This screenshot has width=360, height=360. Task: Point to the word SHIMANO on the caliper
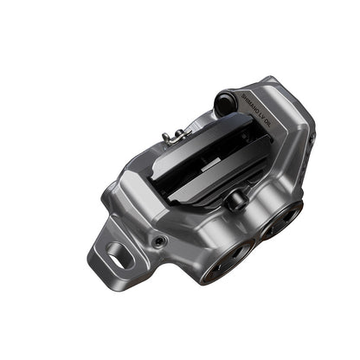pyautogui.click(x=251, y=101)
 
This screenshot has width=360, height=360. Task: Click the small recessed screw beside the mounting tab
pyautogui.click(x=160, y=238)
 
